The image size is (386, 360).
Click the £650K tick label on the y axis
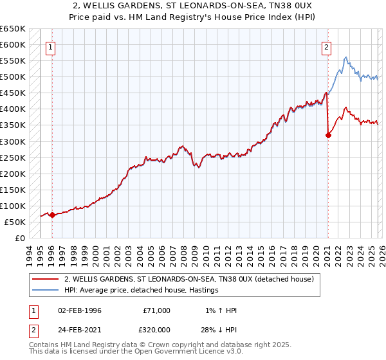point(13,29)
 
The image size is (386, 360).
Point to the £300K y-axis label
point(13,141)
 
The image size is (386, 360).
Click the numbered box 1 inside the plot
point(51,46)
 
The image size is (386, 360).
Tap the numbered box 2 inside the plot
point(327,46)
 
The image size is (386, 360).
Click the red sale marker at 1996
point(52,215)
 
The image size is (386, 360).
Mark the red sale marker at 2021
point(328,135)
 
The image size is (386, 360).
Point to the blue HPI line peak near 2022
point(346,57)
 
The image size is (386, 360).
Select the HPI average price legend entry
point(142,291)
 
